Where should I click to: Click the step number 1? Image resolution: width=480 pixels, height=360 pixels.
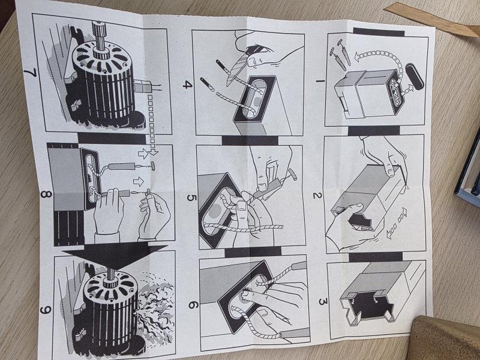tap(320, 81)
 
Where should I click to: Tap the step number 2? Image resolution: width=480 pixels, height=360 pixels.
tap(317, 196)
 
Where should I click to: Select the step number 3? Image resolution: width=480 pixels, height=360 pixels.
tap(323, 302)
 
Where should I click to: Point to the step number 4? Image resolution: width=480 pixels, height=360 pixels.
tap(187, 84)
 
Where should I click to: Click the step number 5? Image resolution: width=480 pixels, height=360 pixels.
tap(191, 198)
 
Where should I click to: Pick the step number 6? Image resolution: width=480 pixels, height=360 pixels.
tap(193, 305)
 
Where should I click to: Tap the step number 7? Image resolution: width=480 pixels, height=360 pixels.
tap(30, 73)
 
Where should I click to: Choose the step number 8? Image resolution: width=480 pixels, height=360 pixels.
tap(46, 194)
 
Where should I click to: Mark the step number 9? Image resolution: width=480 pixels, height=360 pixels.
tap(45, 310)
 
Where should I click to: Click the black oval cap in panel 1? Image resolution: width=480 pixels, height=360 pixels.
tap(415, 76)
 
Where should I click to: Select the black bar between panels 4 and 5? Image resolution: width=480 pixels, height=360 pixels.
tap(250, 140)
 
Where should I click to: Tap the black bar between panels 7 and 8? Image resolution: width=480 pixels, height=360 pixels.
tap(112, 138)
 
